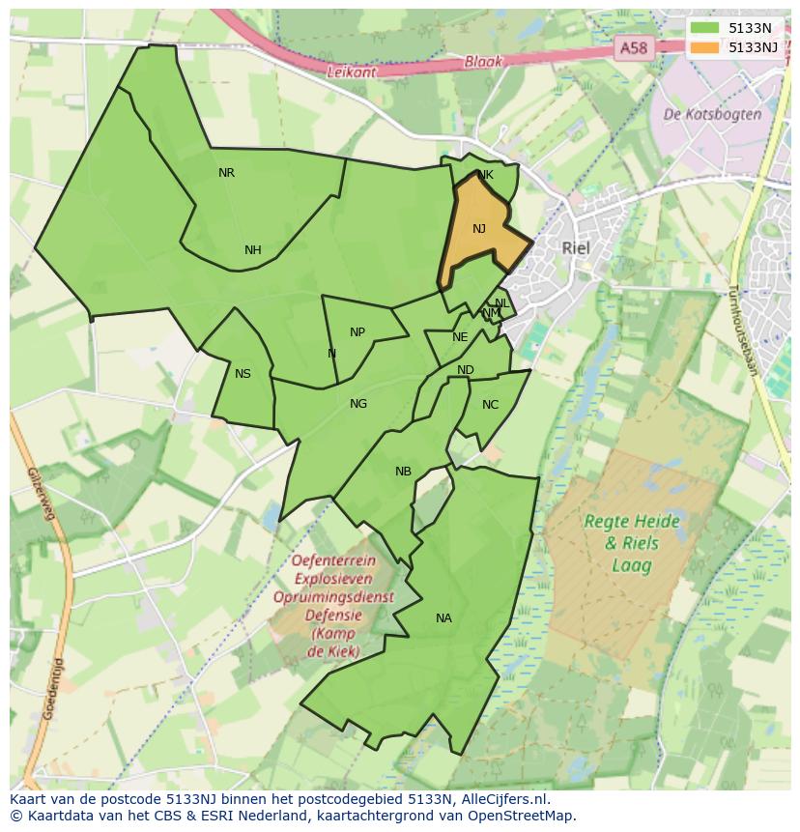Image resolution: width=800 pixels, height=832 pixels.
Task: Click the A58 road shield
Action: pos(634,47)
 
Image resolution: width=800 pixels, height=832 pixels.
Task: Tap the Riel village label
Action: pos(575,248)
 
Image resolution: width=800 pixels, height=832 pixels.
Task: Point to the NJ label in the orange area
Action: pos(479,229)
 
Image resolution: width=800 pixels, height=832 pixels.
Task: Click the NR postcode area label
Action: pos(226,173)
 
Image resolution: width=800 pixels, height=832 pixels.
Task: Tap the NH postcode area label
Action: pos(252,250)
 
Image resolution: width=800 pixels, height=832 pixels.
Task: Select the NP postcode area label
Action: pos(357,332)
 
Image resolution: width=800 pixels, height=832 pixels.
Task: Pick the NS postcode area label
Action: pos(243,374)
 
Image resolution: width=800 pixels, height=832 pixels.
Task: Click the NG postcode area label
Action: pos(358,404)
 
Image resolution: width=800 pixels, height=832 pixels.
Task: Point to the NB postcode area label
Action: pos(403,472)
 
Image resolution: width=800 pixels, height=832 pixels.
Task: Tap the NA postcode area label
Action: pos(443,618)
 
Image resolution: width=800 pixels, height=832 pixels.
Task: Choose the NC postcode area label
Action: pos(490,405)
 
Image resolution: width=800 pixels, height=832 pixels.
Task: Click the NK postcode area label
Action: pos(486,175)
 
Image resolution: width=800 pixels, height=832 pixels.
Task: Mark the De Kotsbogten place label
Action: pos(713,114)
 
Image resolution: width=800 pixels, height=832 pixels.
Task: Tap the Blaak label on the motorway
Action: pos(483,61)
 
